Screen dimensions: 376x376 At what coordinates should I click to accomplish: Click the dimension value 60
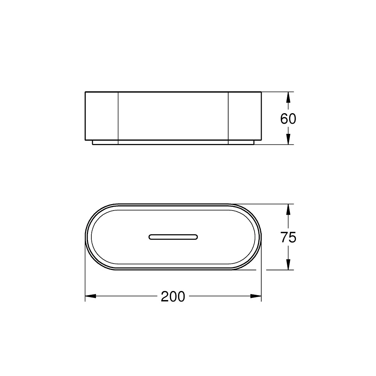click(288, 118)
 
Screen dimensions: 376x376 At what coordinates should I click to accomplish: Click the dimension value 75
click(288, 237)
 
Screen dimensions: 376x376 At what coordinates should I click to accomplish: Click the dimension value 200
click(173, 296)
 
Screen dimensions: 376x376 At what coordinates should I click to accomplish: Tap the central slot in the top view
click(173, 237)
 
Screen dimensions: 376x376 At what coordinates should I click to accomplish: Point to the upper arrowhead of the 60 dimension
click(288, 97)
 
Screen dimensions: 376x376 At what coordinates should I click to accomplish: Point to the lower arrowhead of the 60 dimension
click(288, 139)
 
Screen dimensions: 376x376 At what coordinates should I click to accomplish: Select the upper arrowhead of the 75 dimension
click(288, 209)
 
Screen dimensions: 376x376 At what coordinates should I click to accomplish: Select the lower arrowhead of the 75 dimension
click(288, 264)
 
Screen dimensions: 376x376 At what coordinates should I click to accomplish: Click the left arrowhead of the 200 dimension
click(91, 296)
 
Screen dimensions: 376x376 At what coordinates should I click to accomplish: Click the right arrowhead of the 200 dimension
click(256, 296)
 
